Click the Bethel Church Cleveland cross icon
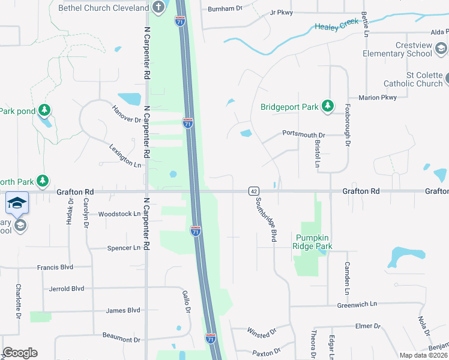pos(158,8)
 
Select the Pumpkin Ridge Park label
pos(312,242)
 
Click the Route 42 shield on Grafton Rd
pos(253,191)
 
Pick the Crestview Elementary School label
pos(397,49)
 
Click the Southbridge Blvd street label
pos(266,219)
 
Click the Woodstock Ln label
pos(119,214)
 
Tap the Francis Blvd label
pos(55,268)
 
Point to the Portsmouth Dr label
pos(303,135)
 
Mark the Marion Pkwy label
pos(378,97)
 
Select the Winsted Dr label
pos(262,331)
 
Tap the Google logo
pos(20,353)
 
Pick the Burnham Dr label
pos(224,9)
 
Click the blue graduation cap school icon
pos(17,203)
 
